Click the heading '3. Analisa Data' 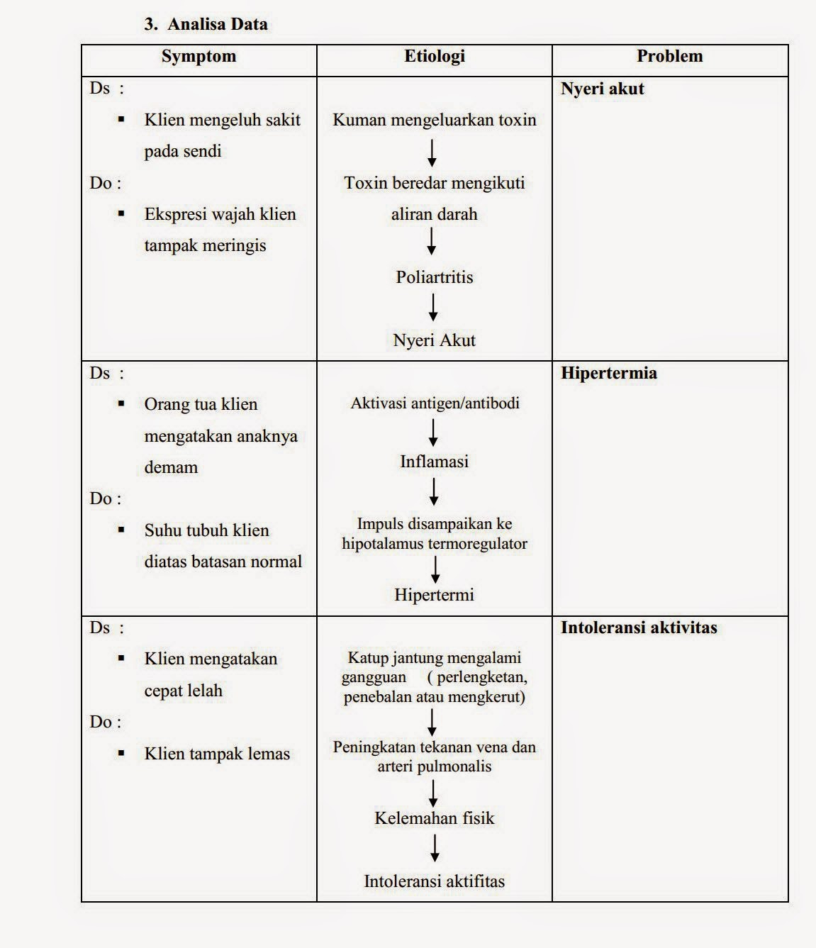tap(206, 24)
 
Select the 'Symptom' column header tap(199, 57)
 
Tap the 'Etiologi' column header tap(434, 57)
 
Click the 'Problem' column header tap(669, 57)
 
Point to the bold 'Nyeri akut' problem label tap(602, 89)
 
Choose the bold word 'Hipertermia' tap(608, 374)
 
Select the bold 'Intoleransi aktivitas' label tap(638, 628)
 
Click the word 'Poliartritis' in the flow tap(434, 277)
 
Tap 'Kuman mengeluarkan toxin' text tap(434, 120)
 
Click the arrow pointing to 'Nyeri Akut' tap(433, 307)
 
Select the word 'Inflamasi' tap(434, 462)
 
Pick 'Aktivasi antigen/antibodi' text tap(435, 403)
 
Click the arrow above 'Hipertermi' tap(435, 569)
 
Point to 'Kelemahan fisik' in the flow tap(434, 818)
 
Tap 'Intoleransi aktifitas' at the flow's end tap(434, 881)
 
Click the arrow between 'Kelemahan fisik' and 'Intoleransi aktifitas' tap(435, 848)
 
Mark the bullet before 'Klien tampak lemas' tap(121, 753)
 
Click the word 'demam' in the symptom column tap(171, 467)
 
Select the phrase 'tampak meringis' tap(205, 245)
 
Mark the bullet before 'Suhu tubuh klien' tap(121, 530)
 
